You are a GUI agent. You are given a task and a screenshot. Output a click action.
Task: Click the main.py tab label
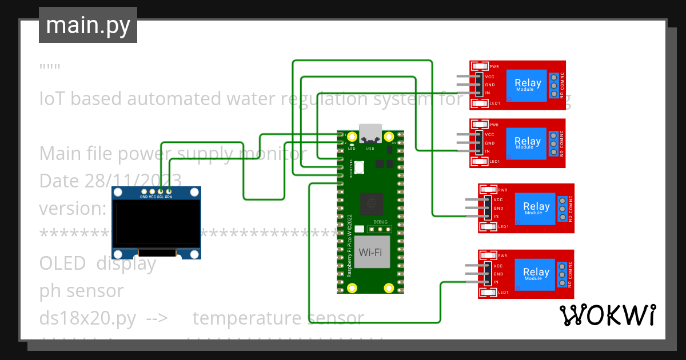click(x=87, y=25)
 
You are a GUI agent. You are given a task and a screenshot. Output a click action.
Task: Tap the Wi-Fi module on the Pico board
click(x=370, y=252)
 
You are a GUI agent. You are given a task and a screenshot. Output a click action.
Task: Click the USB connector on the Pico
click(x=370, y=133)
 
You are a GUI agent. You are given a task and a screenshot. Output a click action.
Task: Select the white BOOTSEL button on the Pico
click(x=359, y=167)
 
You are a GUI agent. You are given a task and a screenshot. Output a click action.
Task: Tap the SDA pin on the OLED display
click(x=169, y=191)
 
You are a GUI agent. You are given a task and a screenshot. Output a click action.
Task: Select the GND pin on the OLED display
click(x=144, y=191)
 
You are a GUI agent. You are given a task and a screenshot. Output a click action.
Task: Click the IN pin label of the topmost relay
click(x=488, y=93)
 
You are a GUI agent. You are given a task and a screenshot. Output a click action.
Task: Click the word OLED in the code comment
click(x=62, y=263)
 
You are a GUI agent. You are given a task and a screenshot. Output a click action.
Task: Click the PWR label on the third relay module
click(x=502, y=190)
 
